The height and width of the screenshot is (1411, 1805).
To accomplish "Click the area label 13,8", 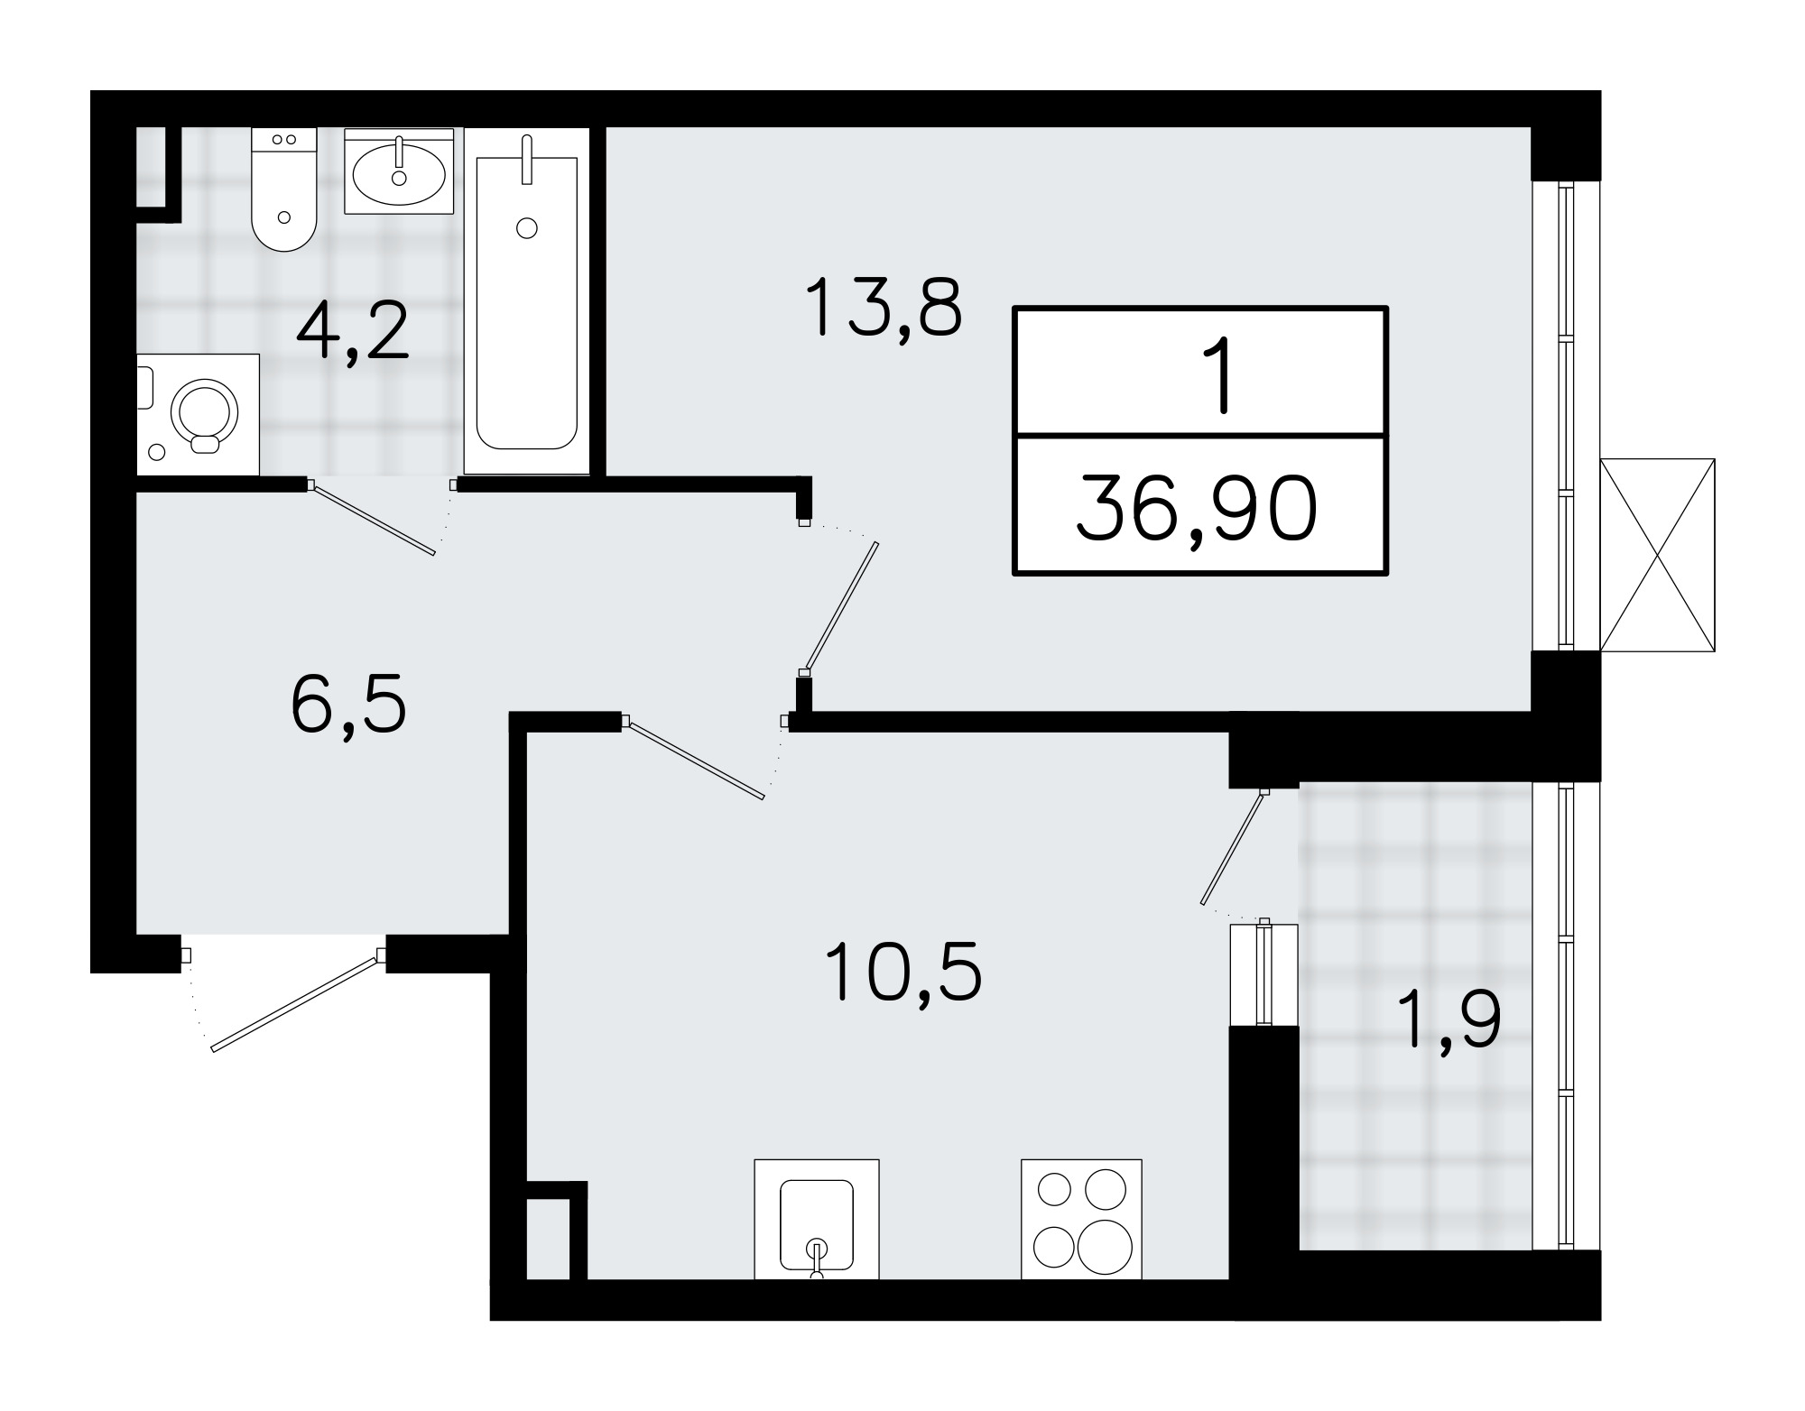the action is [883, 307].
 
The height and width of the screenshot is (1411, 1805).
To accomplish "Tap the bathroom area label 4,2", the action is [353, 330].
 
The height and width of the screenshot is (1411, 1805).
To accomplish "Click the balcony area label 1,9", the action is [1450, 1017].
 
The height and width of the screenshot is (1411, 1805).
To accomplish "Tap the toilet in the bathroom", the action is [284, 189].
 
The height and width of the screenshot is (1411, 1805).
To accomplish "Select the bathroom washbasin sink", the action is [399, 171].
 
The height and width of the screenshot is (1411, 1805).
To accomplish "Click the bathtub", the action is [527, 300].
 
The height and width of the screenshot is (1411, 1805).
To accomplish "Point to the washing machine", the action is [198, 414].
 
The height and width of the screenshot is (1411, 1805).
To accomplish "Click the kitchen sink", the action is [816, 1219].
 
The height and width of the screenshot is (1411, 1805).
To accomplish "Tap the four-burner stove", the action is [1081, 1219].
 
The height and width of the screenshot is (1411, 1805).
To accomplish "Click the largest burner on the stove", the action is [1102, 1245].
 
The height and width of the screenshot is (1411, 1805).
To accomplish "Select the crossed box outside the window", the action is [1657, 554].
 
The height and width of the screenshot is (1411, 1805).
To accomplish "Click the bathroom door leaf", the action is [372, 519].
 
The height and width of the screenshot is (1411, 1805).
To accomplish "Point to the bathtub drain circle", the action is [527, 228].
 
